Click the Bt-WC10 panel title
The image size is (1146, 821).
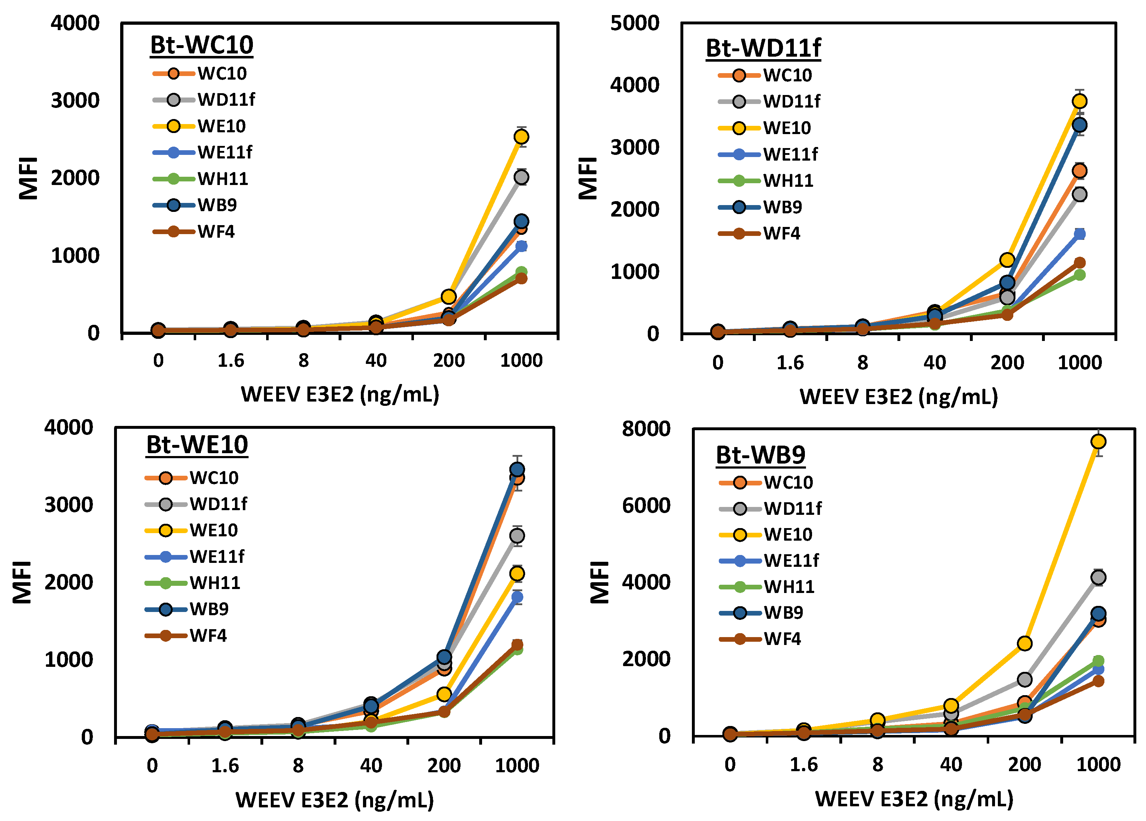(201, 45)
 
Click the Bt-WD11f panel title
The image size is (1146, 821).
(763, 48)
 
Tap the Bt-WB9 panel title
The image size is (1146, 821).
(760, 455)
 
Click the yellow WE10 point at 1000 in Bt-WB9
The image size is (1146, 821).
(1098, 441)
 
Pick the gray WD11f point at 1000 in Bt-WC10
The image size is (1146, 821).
(521, 177)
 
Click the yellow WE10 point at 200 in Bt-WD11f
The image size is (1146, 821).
(1006, 260)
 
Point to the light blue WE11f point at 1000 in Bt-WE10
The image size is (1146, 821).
(517, 597)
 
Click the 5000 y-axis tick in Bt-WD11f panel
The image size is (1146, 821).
(635, 23)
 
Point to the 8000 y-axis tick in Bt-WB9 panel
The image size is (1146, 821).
(646, 429)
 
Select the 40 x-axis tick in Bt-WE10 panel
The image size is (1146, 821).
(371, 765)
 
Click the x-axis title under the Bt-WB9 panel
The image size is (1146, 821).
(914, 799)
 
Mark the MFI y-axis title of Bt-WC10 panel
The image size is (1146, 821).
(28, 178)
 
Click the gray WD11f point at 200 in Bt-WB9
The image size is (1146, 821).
(1024, 679)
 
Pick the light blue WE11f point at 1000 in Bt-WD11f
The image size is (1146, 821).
(1079, 234)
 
